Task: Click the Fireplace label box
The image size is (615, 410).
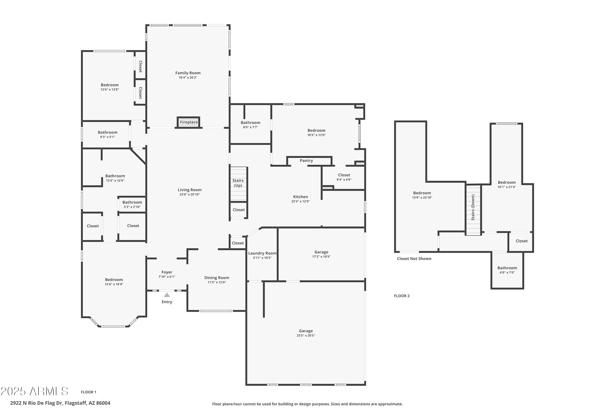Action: pyautogui.click(x=189, y=122)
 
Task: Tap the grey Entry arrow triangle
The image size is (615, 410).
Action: pyautogui.click(x=167, y=295)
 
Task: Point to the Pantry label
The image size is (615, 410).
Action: pyautogui.click(x=306, y=161)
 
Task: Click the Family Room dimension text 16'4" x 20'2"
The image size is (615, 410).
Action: pyautogui.click(x=188, y=78)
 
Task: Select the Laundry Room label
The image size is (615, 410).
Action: pyautogui.click(x=262, y=253)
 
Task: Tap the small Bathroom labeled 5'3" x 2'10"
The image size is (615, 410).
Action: pyautogui.click(x=132, y=204)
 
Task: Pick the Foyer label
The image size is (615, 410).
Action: pyautogui.click(x=167, y=272)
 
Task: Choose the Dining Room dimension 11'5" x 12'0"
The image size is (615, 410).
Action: pyautogui.click(x=216, y=282)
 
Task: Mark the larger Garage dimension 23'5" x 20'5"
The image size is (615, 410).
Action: pyautogui.click(x=306, y=335)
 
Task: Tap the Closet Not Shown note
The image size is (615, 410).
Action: pyautogui.click(x=414, y=259)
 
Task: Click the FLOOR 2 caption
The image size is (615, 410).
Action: pyautogui.click(x=402, y=296)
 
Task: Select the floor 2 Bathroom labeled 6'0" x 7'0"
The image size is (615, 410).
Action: pyautogui.click(x=507, y=270)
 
